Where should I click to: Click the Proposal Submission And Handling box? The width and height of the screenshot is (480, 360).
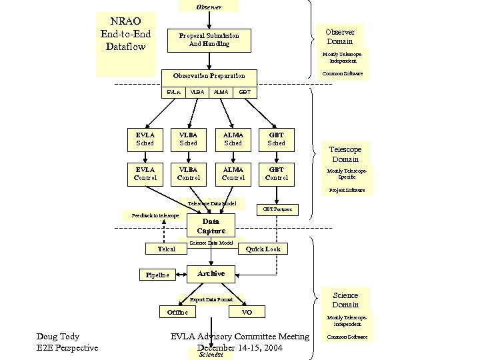(209, 39)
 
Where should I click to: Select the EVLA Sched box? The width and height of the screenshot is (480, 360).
(145, 139)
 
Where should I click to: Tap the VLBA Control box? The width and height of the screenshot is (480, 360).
(189, 173)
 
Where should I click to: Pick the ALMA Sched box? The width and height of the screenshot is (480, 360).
(233, 139)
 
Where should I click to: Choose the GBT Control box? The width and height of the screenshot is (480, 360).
(277, 173)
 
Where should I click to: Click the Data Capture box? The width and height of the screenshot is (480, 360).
(211, 226)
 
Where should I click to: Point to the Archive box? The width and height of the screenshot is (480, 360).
(211, 273)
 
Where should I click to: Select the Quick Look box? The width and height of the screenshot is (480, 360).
(263, 249)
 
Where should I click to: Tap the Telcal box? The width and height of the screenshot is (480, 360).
(166, 249)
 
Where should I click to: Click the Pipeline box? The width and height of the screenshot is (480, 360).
(157, 275)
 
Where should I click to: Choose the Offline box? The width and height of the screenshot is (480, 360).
(177, 312)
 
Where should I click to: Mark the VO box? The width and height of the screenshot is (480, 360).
(247, 312)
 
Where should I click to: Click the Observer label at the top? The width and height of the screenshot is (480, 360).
(209, 6)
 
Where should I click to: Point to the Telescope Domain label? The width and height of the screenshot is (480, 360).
(345, 155)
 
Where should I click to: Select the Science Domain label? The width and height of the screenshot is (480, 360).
(345, 300)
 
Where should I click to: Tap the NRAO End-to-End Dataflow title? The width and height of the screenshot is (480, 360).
(125, 34)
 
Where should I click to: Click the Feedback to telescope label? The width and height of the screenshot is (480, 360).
(155, 215)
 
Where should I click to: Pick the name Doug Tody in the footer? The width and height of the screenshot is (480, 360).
(59, 337)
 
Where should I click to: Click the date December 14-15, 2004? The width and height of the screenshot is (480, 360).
(240, 348)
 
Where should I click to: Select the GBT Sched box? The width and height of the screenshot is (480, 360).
(277, 139)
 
